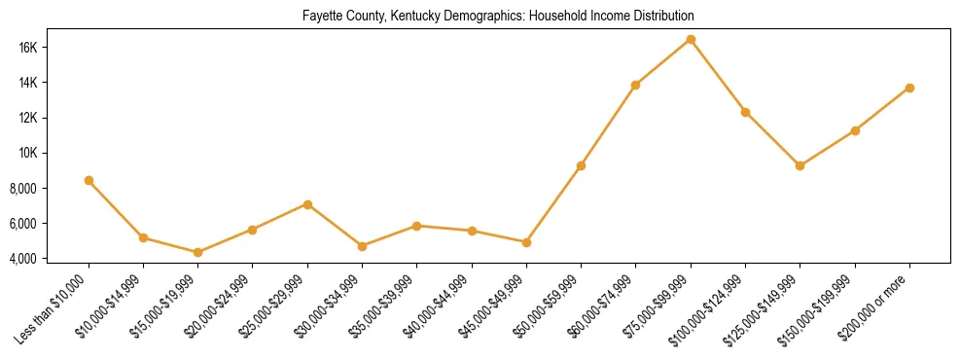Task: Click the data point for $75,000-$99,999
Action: click(x=691, y=39)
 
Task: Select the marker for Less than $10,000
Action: click(x=89, y=180)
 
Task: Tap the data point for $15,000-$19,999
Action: click(x=198, y=252)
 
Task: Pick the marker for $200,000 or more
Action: click(x=909, y=88)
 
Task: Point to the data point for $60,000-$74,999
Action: click(x=636, y=85)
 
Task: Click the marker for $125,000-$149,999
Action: click(x=800, y=165)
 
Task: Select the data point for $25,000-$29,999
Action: click(x=307, y=204)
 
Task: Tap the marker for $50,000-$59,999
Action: click(x=581, y=165)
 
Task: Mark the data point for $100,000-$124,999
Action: click(x=745, y=112)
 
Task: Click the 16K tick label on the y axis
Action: click(x=54, y=48)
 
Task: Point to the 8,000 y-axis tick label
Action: click(x=50, y=188)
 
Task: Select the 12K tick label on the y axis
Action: click(x=54, y=118)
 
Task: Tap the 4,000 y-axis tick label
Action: click(x=50, y=258)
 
